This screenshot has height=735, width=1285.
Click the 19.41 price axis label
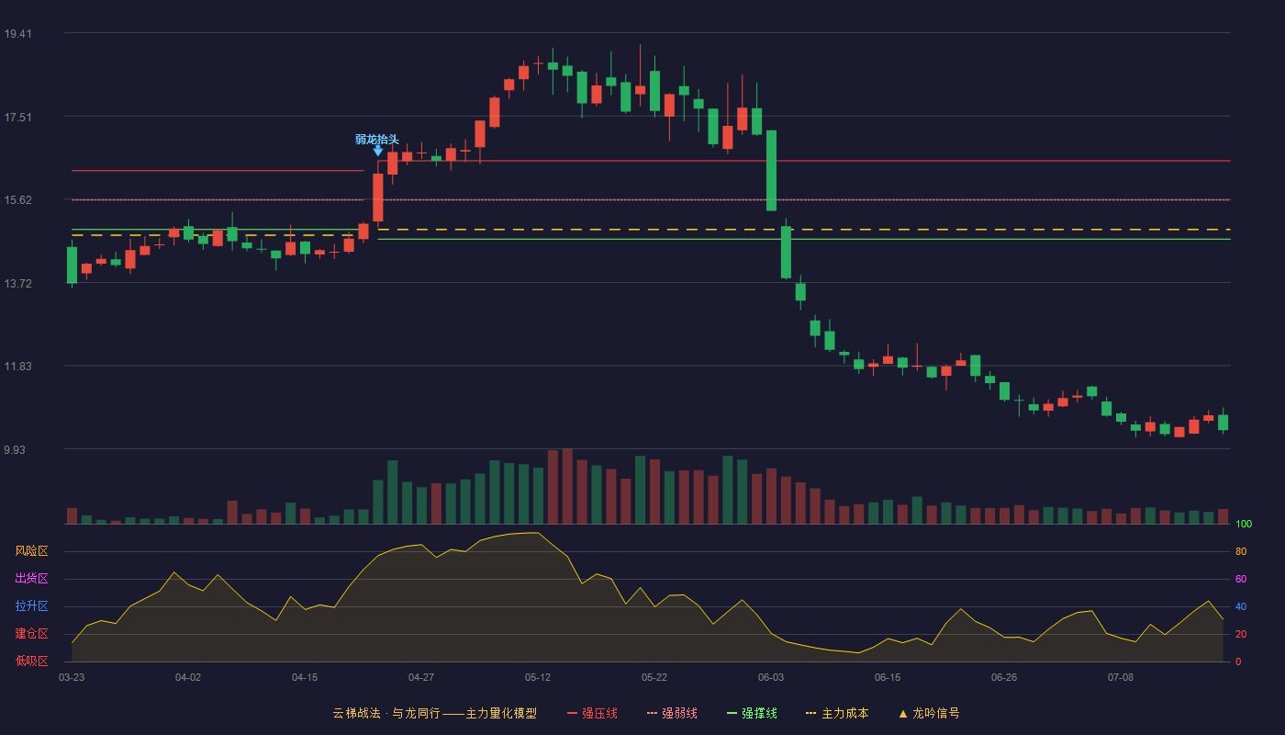(17, 34)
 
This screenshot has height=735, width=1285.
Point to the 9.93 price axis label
(15, 449)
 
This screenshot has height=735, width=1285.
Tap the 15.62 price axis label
(17, 200)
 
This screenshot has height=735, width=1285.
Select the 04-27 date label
(421, 678)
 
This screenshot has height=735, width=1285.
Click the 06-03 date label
(770, 678)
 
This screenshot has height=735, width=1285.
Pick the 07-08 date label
(1121, 678)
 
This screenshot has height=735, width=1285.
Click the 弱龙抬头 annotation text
(377, 139)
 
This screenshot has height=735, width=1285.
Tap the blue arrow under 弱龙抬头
(377, 151)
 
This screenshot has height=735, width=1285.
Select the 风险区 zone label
(31, 551)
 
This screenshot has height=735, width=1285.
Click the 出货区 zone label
(31, 578)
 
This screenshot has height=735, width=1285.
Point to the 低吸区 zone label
(31, 661)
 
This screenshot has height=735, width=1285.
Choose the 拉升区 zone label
(31, 605)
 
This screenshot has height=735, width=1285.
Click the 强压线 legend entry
(592, 713)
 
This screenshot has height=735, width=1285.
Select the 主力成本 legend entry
(837, 713)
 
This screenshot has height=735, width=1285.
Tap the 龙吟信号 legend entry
(929, 713)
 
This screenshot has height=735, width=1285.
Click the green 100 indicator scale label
(1244, 524)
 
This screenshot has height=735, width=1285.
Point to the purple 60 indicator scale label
(1241, 579)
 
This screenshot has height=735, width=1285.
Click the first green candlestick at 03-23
(72, 265)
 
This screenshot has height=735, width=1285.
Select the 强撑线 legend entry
(752, 713)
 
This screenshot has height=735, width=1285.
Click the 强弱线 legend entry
(672, 713)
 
